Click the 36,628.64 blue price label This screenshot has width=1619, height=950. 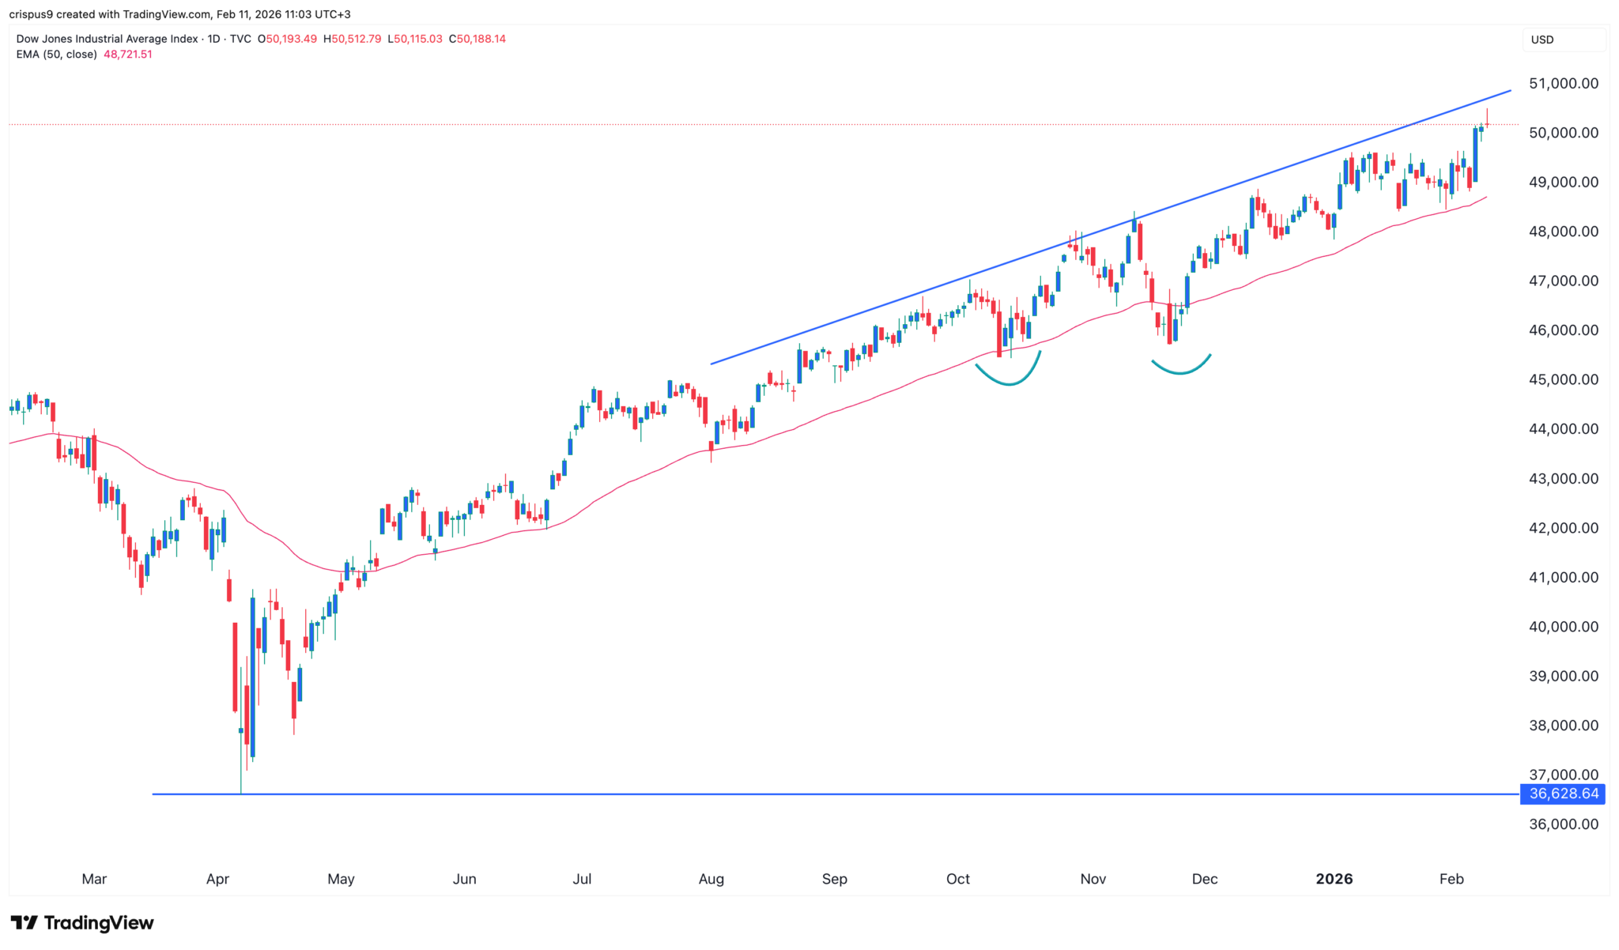click(x=1563, y=794)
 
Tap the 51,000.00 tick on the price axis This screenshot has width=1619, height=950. click(x=1563, y=84)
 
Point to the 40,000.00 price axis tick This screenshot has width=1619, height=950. click(x=1563, y=627)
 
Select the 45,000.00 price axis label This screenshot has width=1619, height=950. click(x=1563, y=380)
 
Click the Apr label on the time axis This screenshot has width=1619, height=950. click(x=217, y=879)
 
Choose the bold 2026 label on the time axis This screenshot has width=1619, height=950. click(x=1334, y=879)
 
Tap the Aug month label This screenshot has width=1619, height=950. click(x=711, y=879)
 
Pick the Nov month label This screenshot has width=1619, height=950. click(x=1093, y=879)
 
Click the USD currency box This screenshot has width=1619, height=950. click(x=1542, y=40)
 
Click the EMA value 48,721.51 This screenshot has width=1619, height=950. click(x=128, y=55)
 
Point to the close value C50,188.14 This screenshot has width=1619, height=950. click(x=477, y=39)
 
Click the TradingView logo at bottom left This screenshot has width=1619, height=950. click(x=82, y=923)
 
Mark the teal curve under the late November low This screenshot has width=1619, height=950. click(x=1181, y=370)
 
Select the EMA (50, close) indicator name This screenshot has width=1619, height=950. click(x=57, y=55)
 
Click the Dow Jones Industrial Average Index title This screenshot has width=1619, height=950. click(x=107, y=39)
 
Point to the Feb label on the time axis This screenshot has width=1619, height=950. click(x=1451, y=879)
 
